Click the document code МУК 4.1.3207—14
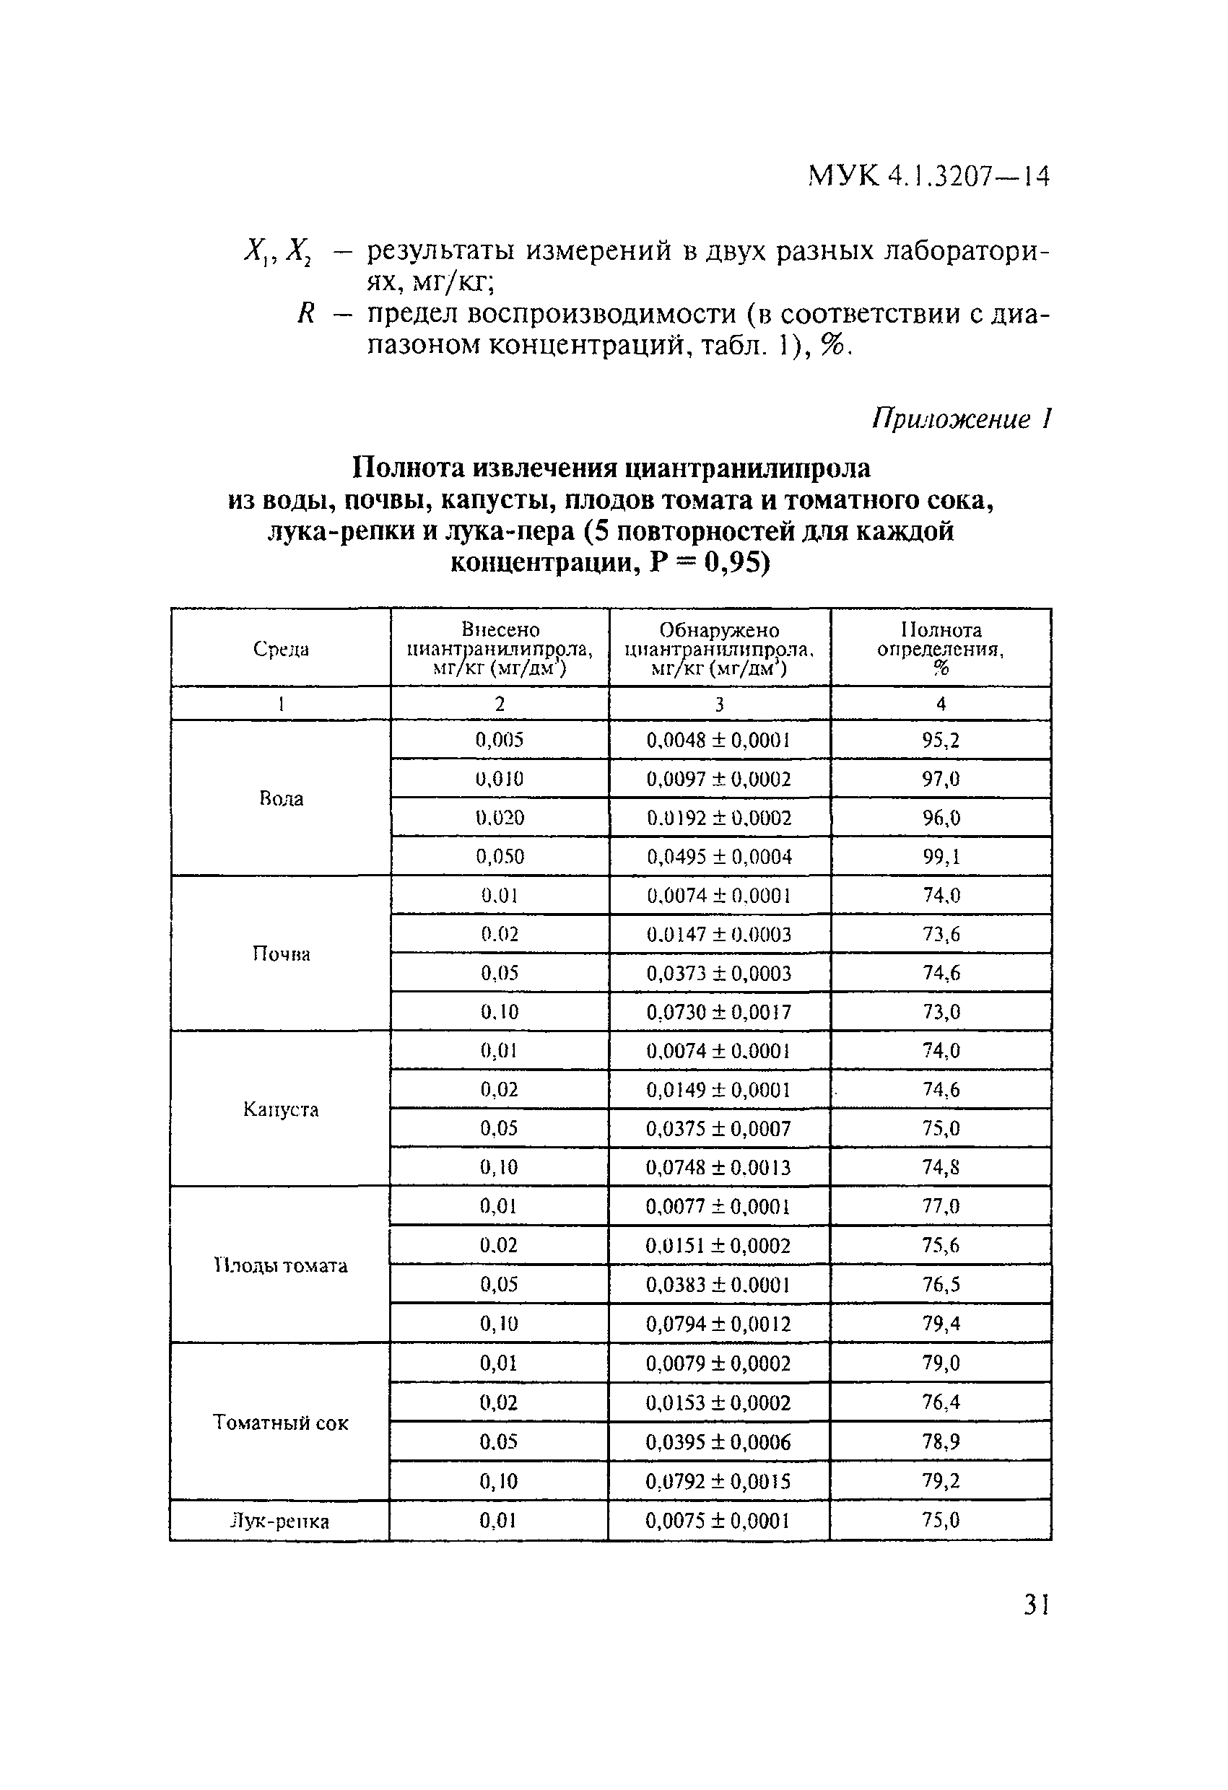coord(928,177)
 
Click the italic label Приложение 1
coord(962,419)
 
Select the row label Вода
coord(282,799)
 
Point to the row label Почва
coord(282,954)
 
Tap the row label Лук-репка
coord(280,1521)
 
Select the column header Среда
coord(282,650)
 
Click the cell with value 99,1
coord(941,857)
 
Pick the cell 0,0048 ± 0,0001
coord(719,741)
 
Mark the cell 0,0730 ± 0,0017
coord(719,1012)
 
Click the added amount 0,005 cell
coord(499,741)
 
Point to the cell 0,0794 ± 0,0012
coord(718,1324)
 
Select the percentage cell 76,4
coord(941,1402)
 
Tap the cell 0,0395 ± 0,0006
coord(718,1442)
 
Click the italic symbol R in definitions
coord(306,313)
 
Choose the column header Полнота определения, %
coord(941,649)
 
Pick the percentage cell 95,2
coord(941,741)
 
